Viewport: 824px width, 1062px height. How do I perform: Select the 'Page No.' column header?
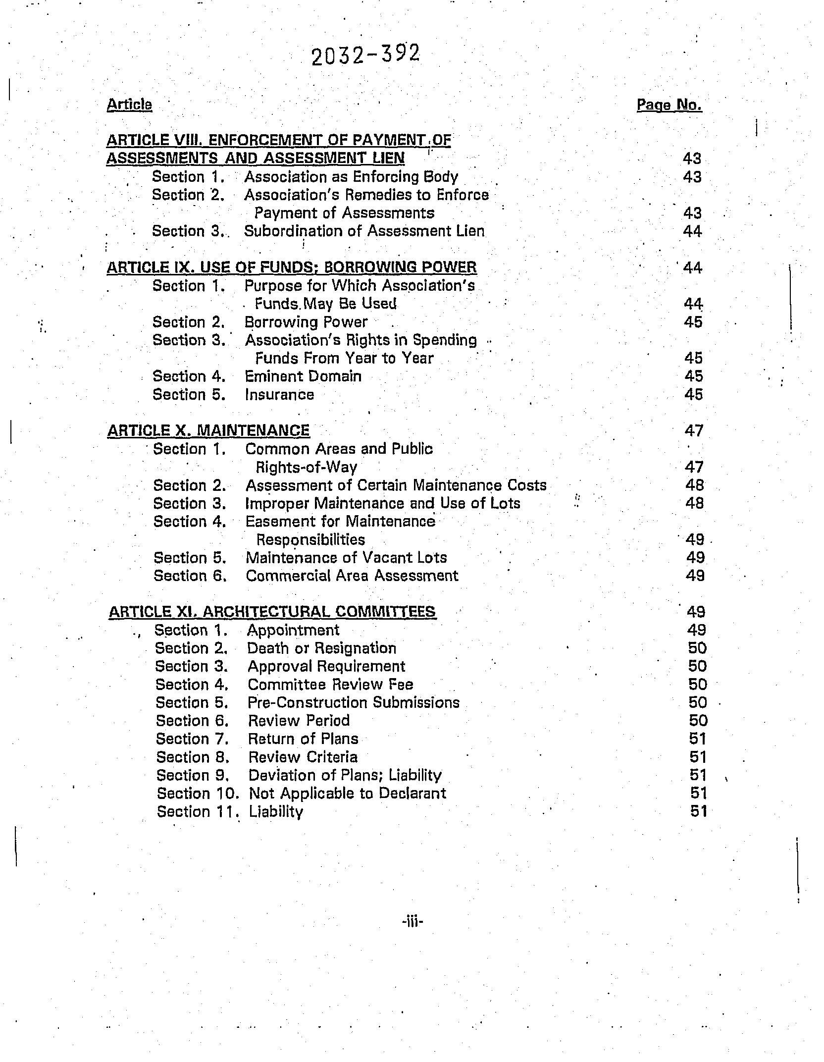669,105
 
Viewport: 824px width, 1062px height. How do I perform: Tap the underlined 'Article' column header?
129,105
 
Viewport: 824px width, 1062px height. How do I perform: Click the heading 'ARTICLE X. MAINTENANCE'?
208,430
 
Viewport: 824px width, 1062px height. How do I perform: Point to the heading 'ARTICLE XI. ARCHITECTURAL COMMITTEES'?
272,612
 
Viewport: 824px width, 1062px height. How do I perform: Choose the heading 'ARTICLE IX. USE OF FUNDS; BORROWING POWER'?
292,267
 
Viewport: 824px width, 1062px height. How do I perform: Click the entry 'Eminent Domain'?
303,376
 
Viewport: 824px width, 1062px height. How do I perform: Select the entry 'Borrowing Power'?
306,322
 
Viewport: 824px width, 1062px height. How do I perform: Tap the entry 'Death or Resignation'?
322,648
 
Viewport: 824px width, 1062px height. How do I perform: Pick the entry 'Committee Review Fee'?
330,685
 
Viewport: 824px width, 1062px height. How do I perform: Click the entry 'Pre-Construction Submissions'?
354,703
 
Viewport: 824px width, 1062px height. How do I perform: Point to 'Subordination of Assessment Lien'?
364,231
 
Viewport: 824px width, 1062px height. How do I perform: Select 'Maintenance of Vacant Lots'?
346,558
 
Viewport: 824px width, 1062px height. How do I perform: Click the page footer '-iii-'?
412,922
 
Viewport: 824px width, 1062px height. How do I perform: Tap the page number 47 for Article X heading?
694,431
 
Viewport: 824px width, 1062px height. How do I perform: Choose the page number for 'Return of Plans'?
697,739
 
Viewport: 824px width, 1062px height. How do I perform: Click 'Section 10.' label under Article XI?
198,794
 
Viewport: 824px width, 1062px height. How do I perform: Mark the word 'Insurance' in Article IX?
279,395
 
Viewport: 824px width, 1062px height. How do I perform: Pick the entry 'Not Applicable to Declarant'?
347,794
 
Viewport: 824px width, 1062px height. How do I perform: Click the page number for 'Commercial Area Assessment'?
695,576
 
